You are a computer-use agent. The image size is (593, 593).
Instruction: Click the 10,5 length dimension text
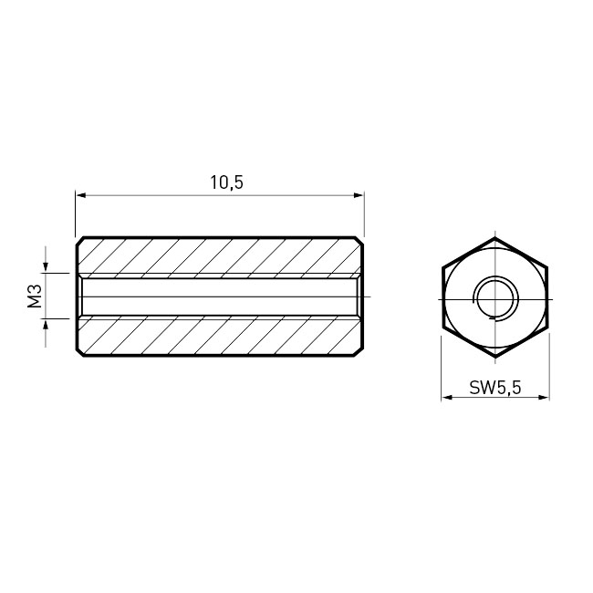click(227, 182)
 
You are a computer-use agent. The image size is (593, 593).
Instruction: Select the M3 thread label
click(35, 296)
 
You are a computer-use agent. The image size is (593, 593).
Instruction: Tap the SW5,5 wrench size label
click(495, 388)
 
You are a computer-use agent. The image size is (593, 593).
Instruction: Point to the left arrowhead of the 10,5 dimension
click(81, 195)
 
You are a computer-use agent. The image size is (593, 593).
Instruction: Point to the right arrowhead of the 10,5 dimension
click(359, 195)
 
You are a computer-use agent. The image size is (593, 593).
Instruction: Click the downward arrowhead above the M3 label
click(46, 267)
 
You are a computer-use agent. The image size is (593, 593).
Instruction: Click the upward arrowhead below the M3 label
click(46, 324)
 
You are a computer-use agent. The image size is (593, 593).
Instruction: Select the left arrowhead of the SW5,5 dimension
click(447, 397)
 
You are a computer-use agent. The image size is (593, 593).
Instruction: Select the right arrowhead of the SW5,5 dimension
click(544, 397)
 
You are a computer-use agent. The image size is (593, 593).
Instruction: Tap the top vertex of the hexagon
click(495, 238)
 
